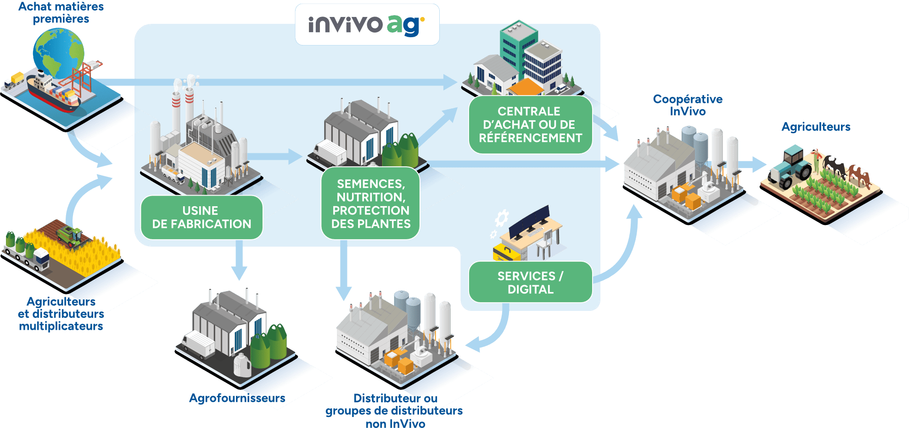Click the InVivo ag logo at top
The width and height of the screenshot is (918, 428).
coord(367,24)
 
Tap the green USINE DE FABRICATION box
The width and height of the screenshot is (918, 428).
coord(202,217)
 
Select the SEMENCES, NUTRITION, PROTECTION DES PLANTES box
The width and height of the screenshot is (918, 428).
coord(370,203)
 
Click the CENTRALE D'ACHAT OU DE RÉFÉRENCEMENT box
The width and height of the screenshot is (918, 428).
coord(530,124)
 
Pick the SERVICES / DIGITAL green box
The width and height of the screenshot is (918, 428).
coord(530,282)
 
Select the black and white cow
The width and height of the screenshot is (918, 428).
coord(834,165)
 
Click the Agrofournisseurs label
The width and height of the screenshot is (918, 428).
coord(237,398)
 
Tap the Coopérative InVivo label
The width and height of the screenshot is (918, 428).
coord(687,105)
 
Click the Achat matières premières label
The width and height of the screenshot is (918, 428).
coord(61,13)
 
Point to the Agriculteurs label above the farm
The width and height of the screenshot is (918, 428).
coord(816,127)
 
